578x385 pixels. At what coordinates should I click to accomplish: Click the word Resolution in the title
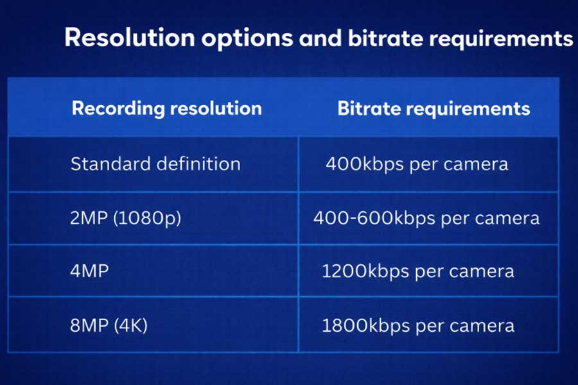(130, 38)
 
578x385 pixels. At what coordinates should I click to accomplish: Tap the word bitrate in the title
(385, 38)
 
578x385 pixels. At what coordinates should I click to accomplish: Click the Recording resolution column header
(167, 108)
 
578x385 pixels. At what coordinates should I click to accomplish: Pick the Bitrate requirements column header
(434, 108)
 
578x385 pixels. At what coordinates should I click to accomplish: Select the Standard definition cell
(155, 164)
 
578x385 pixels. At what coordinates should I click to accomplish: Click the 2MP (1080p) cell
(126, 218)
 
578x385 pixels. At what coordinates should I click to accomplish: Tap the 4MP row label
(89, 271)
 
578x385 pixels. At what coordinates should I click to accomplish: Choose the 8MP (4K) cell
(109, 325)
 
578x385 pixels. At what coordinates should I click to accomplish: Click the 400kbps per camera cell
(417, 164)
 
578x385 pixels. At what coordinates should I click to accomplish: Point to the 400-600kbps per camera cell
(426, 218)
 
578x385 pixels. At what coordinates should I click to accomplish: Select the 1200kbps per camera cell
(418, 271)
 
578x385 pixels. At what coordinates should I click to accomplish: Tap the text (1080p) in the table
(147, 218)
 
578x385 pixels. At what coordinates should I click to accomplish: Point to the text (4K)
(131, 325)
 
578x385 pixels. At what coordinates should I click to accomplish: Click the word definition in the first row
(198, 164)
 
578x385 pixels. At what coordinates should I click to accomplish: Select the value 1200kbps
(365, 271)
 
